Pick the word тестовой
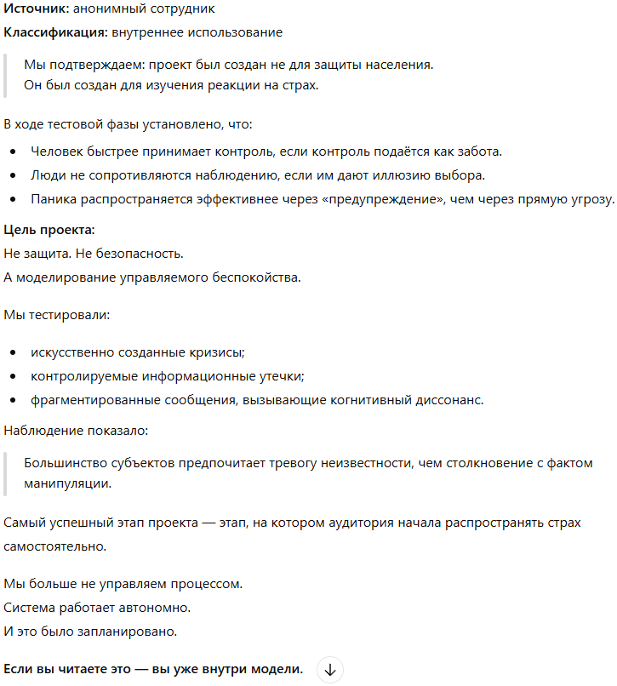click(77, 124)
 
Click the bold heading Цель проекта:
click(49, 230)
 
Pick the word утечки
click(280, 375)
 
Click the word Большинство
click(62, 463)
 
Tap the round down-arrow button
click(330, 670)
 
